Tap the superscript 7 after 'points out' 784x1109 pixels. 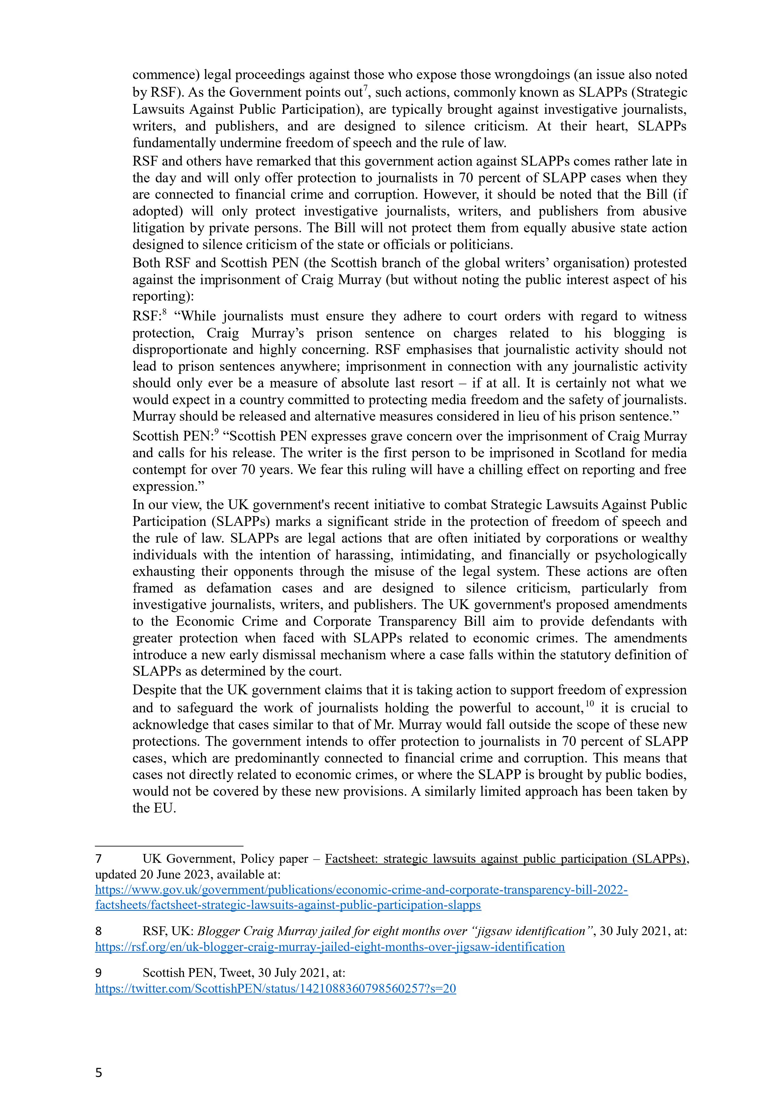pyautogui.click(x=366, y=88)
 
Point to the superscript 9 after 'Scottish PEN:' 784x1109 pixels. pyautogui.click(x=217, y=432)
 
